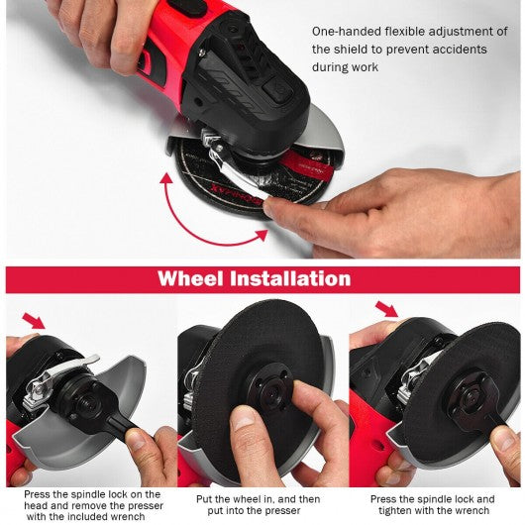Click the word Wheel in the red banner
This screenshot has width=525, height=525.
(190, 278)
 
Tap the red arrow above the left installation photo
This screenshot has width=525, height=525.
(34, 320)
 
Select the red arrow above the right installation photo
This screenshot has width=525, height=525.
(386, 309)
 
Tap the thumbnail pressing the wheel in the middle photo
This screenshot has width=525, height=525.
(245, 420)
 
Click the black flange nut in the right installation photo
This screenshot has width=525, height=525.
(471, 398)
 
